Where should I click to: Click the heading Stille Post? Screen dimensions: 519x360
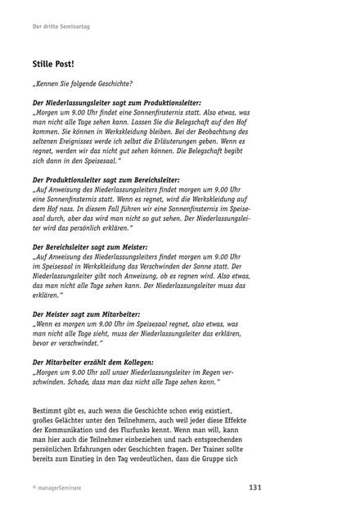[53, 63]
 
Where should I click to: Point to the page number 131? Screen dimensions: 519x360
[254, 487]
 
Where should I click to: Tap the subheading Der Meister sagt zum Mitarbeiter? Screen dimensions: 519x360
[86, 314]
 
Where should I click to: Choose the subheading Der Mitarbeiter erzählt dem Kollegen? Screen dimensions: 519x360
[95, 360]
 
